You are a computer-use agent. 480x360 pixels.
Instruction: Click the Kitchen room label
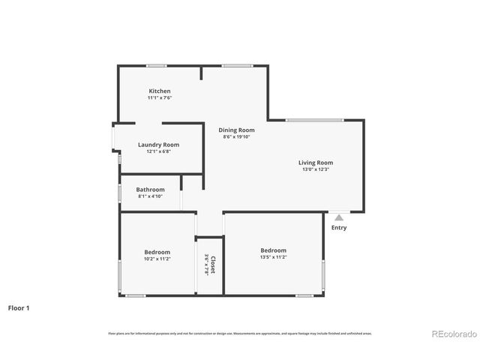159,91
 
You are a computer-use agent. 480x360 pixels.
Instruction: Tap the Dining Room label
236,130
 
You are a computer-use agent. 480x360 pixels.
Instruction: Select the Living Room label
315,163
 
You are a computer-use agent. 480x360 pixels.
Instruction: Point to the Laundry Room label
158,145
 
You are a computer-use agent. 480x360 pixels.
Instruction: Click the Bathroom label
150,190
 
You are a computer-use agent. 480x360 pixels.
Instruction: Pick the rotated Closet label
213,265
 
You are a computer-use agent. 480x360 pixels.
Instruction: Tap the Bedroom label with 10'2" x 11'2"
157,252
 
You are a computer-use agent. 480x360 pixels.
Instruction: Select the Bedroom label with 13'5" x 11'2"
273,250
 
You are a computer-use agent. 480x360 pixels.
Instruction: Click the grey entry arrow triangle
339,217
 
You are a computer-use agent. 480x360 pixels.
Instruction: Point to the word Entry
339,228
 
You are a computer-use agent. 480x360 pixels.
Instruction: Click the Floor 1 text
19,307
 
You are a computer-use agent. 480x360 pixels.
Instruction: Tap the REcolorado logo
452,334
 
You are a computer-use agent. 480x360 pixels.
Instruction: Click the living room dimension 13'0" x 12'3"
315,169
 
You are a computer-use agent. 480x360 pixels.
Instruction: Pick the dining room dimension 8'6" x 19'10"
236,137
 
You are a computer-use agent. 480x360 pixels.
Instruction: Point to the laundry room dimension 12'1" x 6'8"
158,151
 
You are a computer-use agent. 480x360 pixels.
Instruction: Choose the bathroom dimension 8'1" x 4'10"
150,196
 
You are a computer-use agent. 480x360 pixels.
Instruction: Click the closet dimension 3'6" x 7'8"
206,265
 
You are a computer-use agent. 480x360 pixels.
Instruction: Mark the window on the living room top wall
314,120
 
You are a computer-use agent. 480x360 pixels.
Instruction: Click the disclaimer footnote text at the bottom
239,333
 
